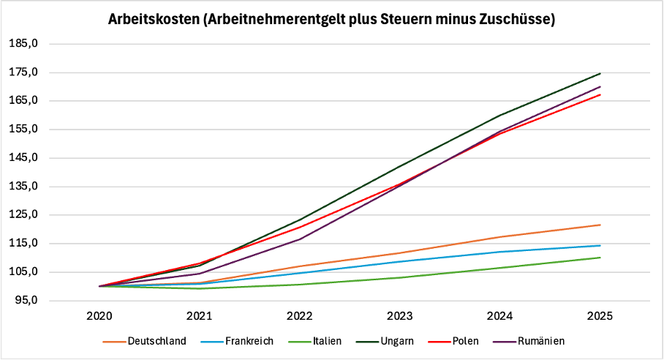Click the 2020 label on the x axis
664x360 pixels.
99,316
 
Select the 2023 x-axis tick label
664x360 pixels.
400,316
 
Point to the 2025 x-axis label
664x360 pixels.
600,316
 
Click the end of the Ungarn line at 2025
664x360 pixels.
600,73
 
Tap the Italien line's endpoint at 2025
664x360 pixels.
600,258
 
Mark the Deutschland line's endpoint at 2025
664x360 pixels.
600,225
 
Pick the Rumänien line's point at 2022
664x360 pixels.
300,239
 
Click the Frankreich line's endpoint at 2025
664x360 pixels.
600,246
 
